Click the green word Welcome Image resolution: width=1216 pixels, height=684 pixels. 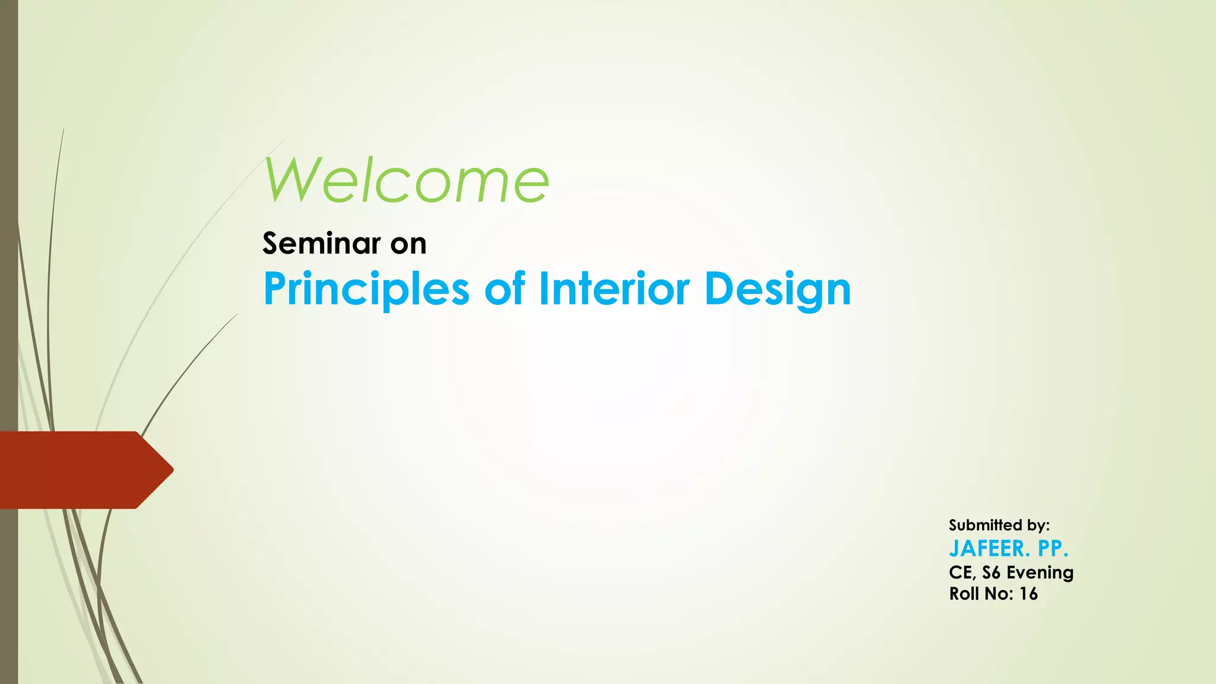pyautogui.click(x=407, y=180)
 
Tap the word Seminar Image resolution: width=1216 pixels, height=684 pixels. pyautogui.click(x=321, y=243)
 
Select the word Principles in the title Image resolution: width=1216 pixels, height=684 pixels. pyautogui.click(x=366, y=289)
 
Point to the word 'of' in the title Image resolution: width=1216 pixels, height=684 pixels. pyautogui.click(x=505, y=289)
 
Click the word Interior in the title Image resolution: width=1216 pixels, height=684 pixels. pyautogui.click(x=614, y=289)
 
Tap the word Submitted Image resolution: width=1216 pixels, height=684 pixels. pyautogui.click(x=984, y=525)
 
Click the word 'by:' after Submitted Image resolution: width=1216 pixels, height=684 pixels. pyautogui.click(x=1037, y=526)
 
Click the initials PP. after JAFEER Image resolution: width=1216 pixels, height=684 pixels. pyautogui.click(x=1053, y=549)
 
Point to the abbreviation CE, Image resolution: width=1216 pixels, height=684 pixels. pyautogui.click(x=962, y=573)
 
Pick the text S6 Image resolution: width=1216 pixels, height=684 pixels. pyautogui.click(x=992, y=572)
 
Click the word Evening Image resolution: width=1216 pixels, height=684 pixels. pyautogui.click(x=1040, y=573)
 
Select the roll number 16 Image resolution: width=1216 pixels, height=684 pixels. pyautogui.click(x=1028, y=594)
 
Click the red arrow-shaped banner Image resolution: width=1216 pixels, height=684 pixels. pyautogui.click(x=77, y=470)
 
